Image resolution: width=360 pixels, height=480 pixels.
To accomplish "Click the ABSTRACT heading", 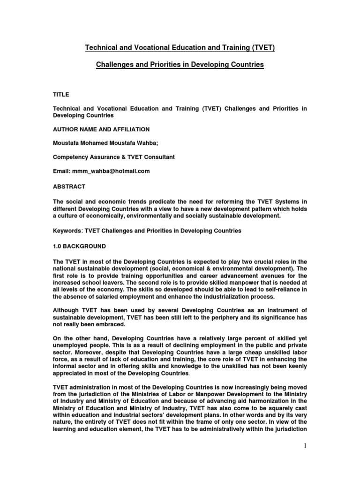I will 68,186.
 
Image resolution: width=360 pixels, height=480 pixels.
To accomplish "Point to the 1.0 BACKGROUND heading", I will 79,246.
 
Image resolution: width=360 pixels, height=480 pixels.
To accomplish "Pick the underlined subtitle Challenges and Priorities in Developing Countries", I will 180,65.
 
